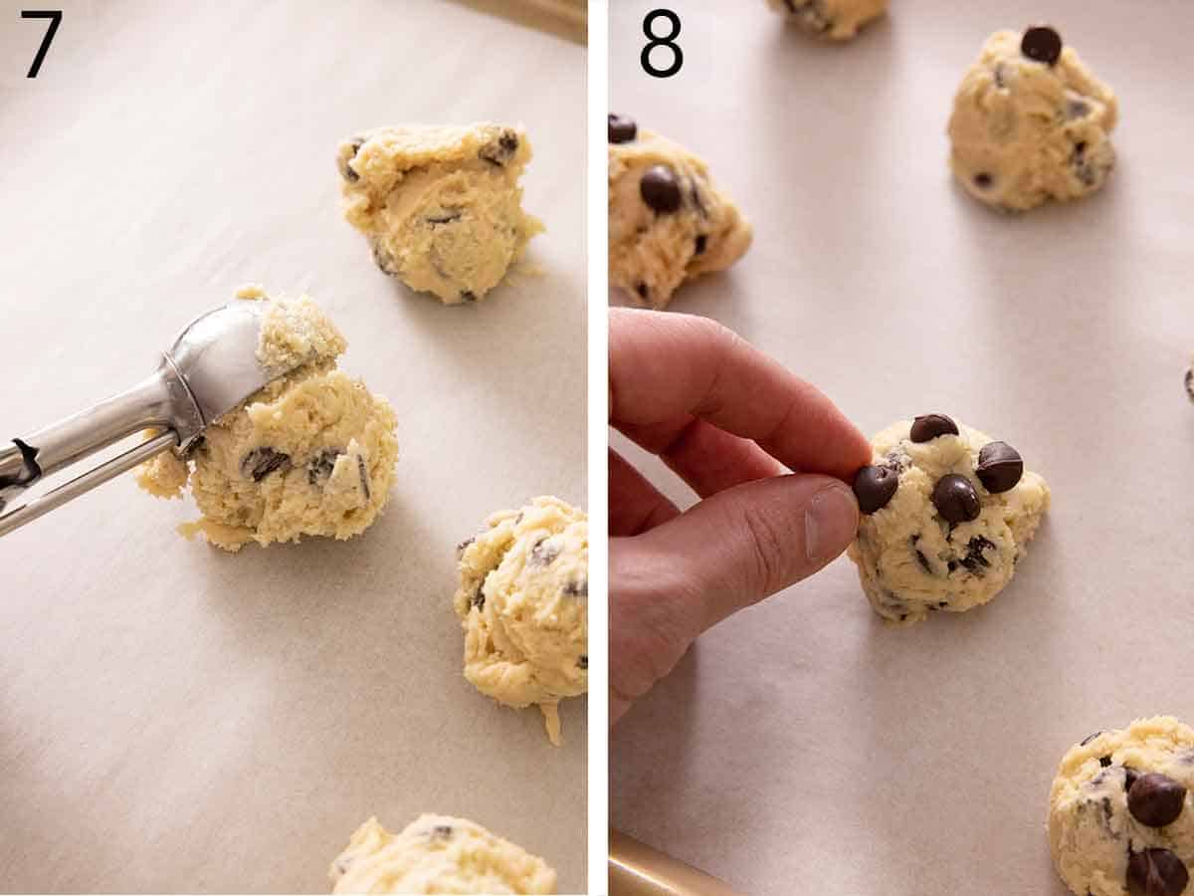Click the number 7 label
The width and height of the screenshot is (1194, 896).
coord(41,43)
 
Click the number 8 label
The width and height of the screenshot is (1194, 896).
coord(661,43)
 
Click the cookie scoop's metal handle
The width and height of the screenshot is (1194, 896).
coord(80,443)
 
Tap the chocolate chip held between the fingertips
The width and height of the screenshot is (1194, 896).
coord(875,487)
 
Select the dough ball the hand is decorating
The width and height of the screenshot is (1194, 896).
coord(950,518)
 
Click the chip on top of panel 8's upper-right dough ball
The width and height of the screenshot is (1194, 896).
coord(1041,44)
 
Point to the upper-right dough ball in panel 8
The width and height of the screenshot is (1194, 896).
coord(1031,124)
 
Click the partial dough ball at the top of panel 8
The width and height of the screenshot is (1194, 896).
coord(829,15)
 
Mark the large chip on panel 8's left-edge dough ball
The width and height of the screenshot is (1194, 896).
coord(661,188)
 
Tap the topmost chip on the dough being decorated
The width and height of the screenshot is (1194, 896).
coord(933,427)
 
